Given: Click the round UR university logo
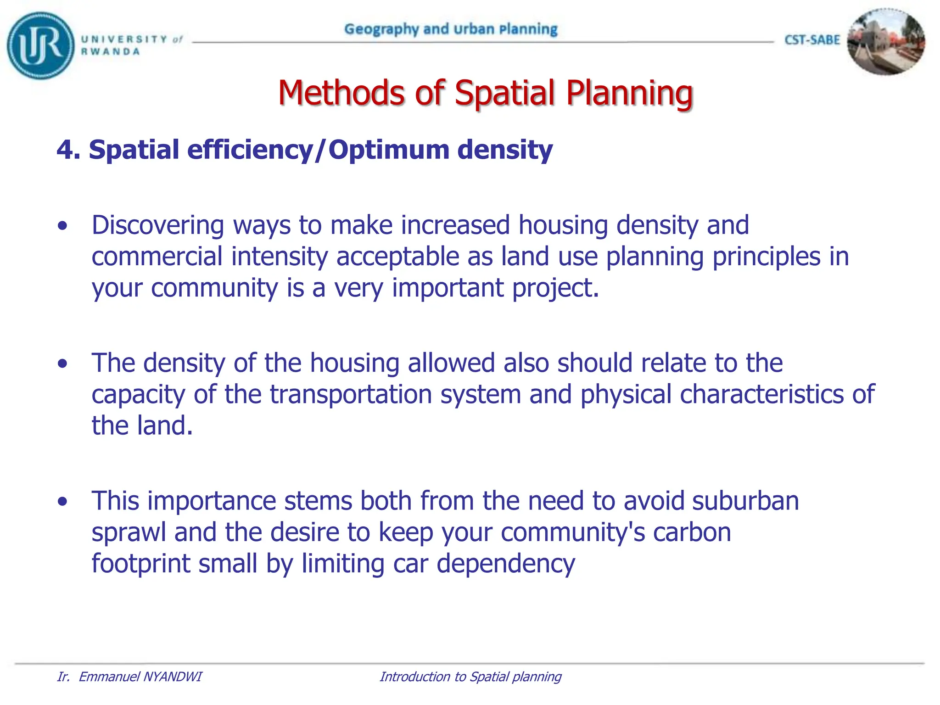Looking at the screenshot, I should [40, 45].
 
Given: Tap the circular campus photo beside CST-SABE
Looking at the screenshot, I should [885, 42].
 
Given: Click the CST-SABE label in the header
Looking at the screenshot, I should [812, 40].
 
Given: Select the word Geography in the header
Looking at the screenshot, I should [381, 29].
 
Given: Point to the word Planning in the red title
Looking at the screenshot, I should [629, 93].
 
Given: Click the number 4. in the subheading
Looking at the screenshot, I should [68, 150].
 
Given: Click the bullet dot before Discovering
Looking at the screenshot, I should [63, 226].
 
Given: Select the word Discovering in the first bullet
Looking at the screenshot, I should [157, 225].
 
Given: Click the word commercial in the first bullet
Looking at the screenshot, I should [157, 257].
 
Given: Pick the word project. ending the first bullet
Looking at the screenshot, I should [555, 288].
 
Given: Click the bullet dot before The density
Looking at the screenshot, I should [63, 364].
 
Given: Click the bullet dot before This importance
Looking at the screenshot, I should [63, 502].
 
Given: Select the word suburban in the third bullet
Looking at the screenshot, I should [745, 501].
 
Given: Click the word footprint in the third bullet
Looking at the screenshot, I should [140, 564].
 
